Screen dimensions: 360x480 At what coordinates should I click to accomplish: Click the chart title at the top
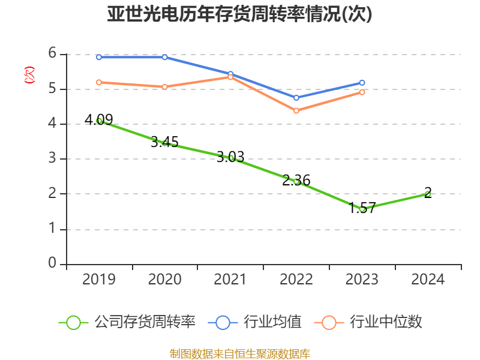240,14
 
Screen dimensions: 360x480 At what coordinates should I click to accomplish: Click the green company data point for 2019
99,121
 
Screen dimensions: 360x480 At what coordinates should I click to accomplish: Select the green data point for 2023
362,209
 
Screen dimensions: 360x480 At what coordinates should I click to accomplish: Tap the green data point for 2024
428,194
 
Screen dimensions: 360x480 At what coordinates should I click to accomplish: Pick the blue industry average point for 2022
296,97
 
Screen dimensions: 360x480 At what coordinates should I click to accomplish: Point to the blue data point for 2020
165,57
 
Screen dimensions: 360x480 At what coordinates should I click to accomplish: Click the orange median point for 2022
296,110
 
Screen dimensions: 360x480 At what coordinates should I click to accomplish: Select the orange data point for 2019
99,82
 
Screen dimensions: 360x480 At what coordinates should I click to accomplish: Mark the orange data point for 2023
362,92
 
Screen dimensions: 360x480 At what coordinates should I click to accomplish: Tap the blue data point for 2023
362,83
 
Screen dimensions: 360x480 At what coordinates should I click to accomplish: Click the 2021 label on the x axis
230,280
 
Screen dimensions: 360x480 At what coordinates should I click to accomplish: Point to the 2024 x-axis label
428,280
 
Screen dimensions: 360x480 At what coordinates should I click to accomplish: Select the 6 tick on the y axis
52,53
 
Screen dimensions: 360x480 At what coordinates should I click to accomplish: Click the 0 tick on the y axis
52,263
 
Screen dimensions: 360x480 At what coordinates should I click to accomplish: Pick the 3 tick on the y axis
52,158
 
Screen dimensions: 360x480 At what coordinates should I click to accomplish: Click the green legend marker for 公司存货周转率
73,322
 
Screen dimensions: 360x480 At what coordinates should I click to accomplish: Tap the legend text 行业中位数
386,322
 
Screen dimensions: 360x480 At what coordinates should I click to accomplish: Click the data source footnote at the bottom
240,353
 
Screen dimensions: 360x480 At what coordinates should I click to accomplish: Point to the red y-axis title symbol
29,75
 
